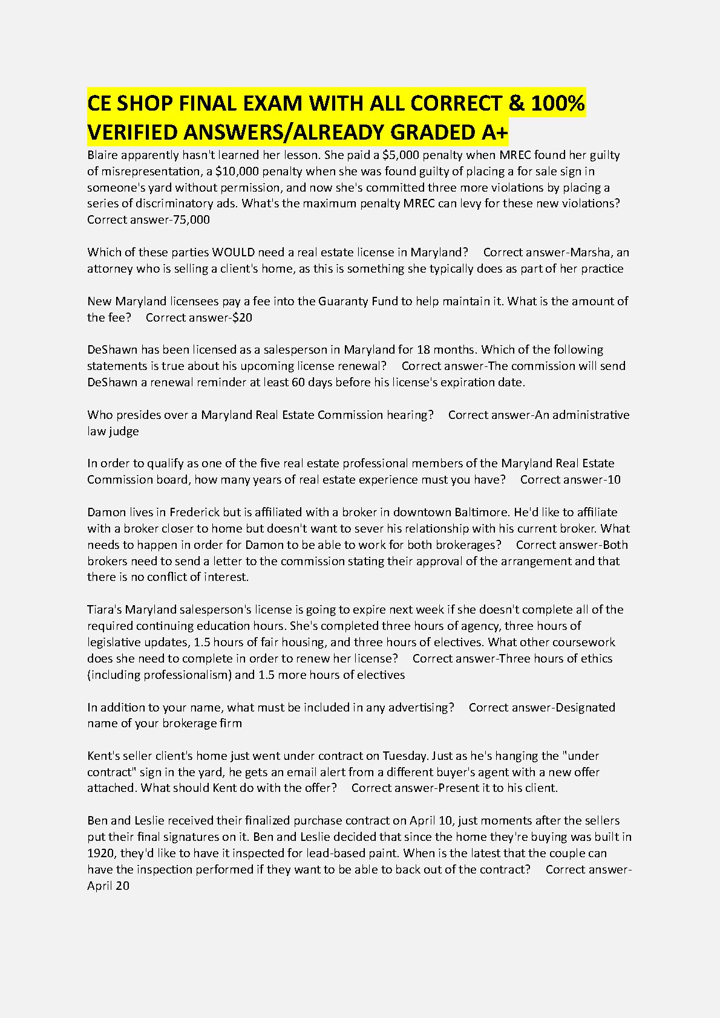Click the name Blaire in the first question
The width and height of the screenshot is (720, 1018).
[102, 155]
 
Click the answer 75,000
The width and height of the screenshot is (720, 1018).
[191, 219]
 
